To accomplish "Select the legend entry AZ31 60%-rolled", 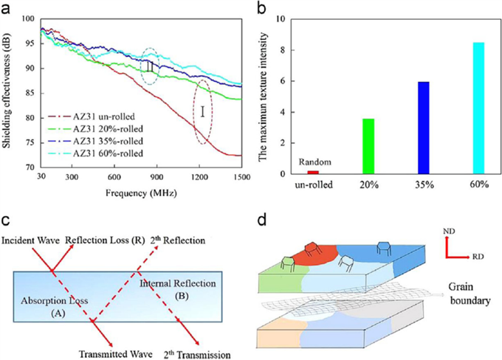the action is (95, 153).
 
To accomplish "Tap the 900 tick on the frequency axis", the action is (157, 177).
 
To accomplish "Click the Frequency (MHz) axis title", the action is (141, 193).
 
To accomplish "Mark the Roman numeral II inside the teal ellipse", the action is (150, 66).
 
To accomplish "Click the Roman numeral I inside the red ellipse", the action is (203, 111).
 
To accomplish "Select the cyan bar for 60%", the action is (478, 108).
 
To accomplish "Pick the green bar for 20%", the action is (368, 146).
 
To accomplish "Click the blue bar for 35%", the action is (424, 128).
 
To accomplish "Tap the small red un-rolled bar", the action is (313, 173).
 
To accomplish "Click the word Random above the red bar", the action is (315, 162).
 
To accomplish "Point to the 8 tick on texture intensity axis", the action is (282, 50).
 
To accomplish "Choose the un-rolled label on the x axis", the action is (314, 184).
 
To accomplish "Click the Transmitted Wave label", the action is (116, 354).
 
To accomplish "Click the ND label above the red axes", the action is (449, 231).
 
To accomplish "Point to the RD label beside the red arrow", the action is (478, 257).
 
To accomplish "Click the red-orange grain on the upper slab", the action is (315, 256).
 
